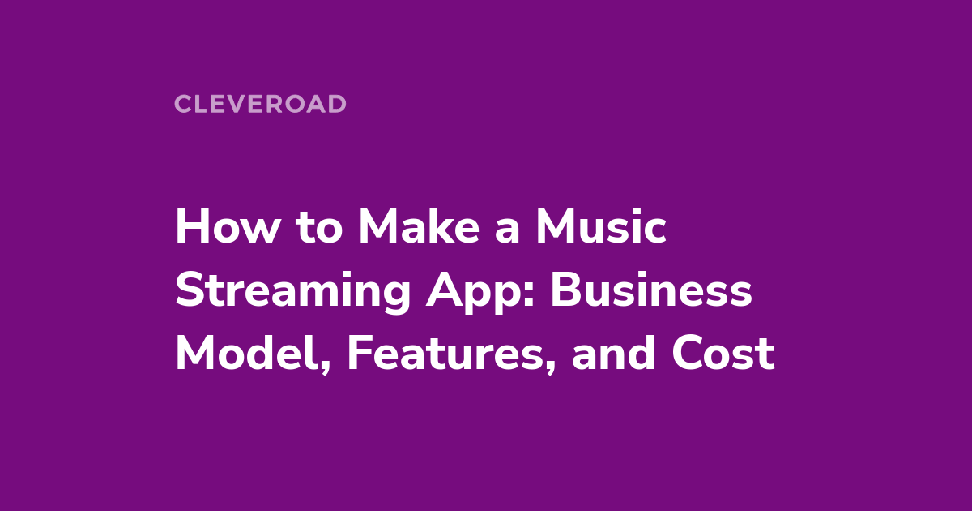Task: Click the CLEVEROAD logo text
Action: pos(260,104)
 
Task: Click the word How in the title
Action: pos(228,227)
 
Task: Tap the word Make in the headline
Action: pos(420,227)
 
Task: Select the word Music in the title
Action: pos(601,227)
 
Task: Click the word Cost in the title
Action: pos(723,354)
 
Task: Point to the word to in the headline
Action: pos(319,230)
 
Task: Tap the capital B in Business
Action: pos(565,290)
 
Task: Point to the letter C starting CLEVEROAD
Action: pos(182,104)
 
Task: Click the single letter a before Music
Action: pos(507,232)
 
